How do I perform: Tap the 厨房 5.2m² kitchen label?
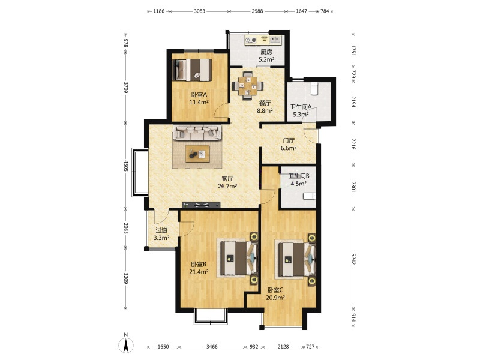(266, 56)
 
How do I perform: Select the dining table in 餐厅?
(248, 85)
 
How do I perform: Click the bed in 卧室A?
(191, 70)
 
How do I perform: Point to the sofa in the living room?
(197, 133)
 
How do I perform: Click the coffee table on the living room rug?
(197, 154)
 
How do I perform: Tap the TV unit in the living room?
(201, 205)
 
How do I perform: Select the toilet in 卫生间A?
(314, 88)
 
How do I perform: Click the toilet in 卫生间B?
(310, 196)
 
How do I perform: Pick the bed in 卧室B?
(238, 258)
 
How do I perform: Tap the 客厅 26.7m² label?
(227, 182)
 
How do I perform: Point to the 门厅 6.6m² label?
(289, 145)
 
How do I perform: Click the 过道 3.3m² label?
(161, 234)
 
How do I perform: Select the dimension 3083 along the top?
(200, 11)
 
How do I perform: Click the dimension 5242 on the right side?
(353, 259)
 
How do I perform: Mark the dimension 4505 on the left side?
(125, 166)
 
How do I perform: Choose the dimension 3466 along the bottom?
(212, 347)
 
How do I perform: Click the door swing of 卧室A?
(221, 110)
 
